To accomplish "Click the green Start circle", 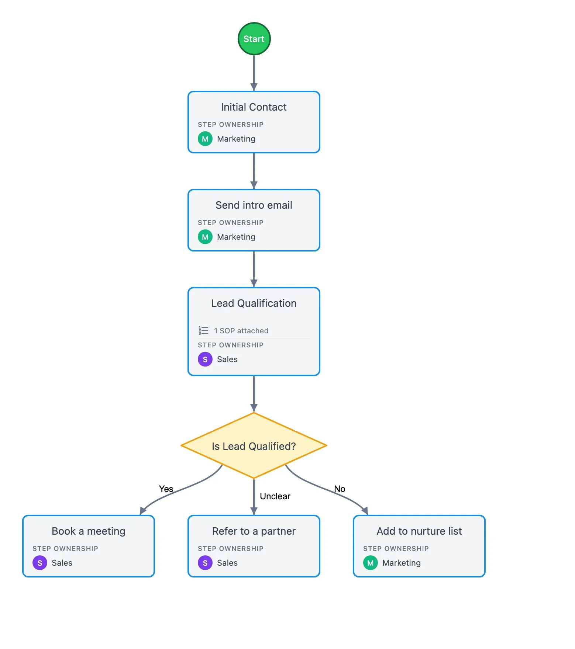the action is pos(254,39).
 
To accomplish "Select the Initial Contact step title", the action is pos(254,107).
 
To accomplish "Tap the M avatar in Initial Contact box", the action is pos(205,139).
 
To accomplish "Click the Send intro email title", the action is pos(254,205).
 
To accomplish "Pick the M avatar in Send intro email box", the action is pos(205,237).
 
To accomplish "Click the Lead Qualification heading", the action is pos(254,303).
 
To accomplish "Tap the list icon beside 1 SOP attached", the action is pos(203,330).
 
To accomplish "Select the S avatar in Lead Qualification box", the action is pos(205,359).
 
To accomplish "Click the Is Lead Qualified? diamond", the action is pos(254,445).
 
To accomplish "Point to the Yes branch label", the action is pos(166,489).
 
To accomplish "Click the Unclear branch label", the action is pos(275,496).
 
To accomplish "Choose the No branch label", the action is pos(340,489).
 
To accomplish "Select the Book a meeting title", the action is pos(89,531).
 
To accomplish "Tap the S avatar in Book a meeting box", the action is pos(40,563).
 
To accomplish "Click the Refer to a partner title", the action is pos(254,531).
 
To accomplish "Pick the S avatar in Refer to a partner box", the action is pos(205,563).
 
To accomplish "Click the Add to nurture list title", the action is pos(419,531).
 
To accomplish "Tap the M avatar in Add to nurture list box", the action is pos(371,563).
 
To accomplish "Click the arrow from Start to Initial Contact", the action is pos(254,73).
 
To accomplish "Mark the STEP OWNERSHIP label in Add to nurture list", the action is pos(396,549).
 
